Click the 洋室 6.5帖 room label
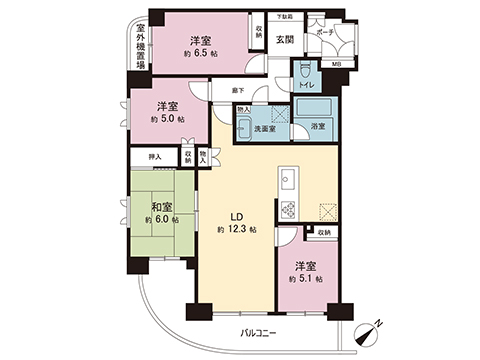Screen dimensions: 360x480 tap(199, 48)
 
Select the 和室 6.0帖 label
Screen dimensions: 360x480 tap(161, 210)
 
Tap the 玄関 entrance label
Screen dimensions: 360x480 tap(284, 40)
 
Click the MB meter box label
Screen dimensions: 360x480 tap(336, 67)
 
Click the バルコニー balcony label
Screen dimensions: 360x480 tap(259, 331)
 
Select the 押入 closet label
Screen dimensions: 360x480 tap(155, 157)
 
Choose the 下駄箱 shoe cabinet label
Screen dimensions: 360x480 tap(284, 17)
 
